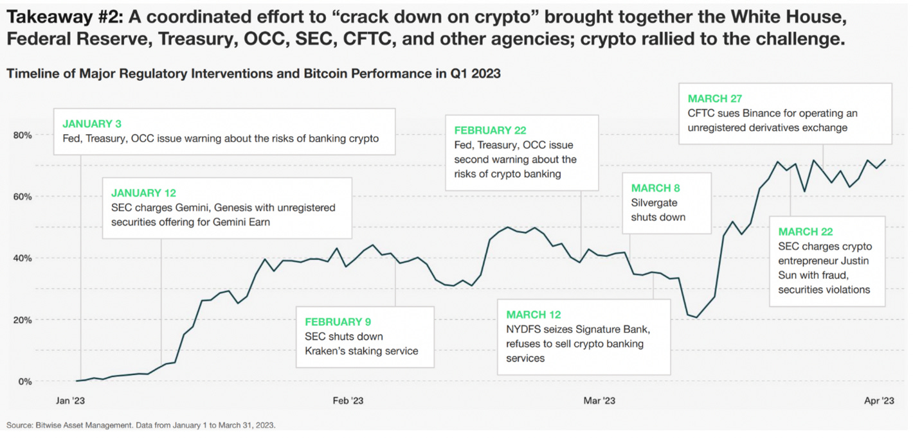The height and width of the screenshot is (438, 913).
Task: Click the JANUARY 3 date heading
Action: click(x=92, y=123)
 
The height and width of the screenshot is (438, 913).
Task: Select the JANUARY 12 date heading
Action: click(x=143, y=193)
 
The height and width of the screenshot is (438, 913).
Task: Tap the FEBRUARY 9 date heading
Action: click(x=338, y=322)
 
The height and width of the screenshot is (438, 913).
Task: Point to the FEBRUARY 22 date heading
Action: click(x=490, y=130)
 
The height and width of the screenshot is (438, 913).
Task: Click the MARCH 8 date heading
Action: click(x=655, y=188)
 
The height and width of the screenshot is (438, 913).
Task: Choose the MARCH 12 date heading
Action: click(x=533, y=315)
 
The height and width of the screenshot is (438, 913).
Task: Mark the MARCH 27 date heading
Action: click(x=715, y=98)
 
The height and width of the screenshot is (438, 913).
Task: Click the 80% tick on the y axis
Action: click(x=23, y=135)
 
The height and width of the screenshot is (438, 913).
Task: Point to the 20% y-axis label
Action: click(x=23, y=320)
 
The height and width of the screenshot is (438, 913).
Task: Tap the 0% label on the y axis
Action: click(x=25, y=381)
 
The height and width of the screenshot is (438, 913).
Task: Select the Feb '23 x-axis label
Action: click(x=348, y=401)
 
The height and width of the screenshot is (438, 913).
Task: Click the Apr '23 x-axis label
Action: click(x=879, y=401)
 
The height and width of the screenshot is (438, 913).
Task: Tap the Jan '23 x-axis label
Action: click(x=70, y=401)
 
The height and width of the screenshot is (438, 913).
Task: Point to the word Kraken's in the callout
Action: click(x=328, y=351)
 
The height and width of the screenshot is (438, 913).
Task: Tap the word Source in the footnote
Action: click(x=19, y=425)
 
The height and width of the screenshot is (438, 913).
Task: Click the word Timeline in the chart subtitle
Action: click(x=29, y=74)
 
